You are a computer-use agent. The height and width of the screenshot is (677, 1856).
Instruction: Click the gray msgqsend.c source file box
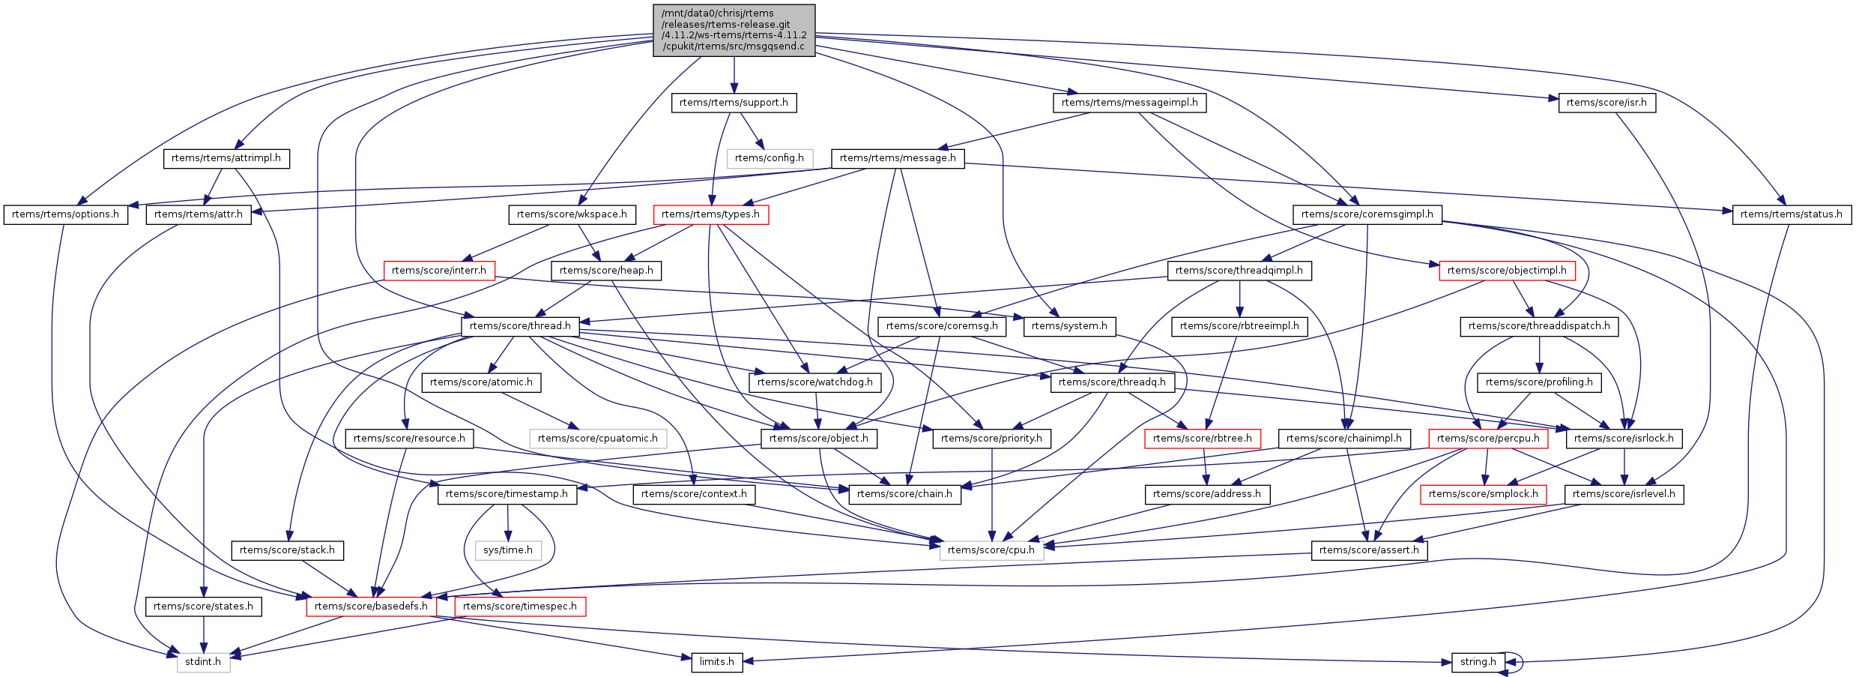tap(734, 30)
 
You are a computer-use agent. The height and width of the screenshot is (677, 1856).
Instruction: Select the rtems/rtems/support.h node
tap(734, 103)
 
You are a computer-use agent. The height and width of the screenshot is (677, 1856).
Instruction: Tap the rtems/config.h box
tap(770, 158)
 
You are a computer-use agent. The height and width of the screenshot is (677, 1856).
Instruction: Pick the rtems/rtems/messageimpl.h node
tap(1130, 103)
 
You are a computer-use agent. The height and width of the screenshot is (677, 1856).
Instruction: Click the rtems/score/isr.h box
tap(1606, 103)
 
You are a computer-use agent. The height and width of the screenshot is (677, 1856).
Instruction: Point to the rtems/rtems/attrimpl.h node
tap(226, 158)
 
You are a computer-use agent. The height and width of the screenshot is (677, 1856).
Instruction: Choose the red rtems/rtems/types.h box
tap(710, 214)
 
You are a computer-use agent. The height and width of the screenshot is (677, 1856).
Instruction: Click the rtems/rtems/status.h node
tap(1791, 214)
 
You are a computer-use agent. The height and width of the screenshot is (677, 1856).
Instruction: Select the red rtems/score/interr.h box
tap(439, 271)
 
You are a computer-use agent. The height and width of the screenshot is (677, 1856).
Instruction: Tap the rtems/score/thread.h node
tap(521, 326)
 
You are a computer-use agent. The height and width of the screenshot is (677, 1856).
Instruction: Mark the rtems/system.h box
tap(1069, 326)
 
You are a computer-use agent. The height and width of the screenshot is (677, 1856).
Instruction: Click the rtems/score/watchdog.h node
tap(815, 382)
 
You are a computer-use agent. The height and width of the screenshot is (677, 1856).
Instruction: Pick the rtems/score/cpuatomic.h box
tap(598, 439)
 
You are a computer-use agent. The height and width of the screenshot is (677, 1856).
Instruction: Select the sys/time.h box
tap(508, 550)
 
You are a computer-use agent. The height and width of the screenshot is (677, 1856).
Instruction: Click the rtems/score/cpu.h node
tap(991, 550)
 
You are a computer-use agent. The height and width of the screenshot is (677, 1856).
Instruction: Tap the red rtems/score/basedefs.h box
tap(371, 607)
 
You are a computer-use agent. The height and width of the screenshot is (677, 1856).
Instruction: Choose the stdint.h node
tap(203, 662)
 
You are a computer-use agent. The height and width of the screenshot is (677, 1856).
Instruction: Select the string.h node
tap(1478, 662)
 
